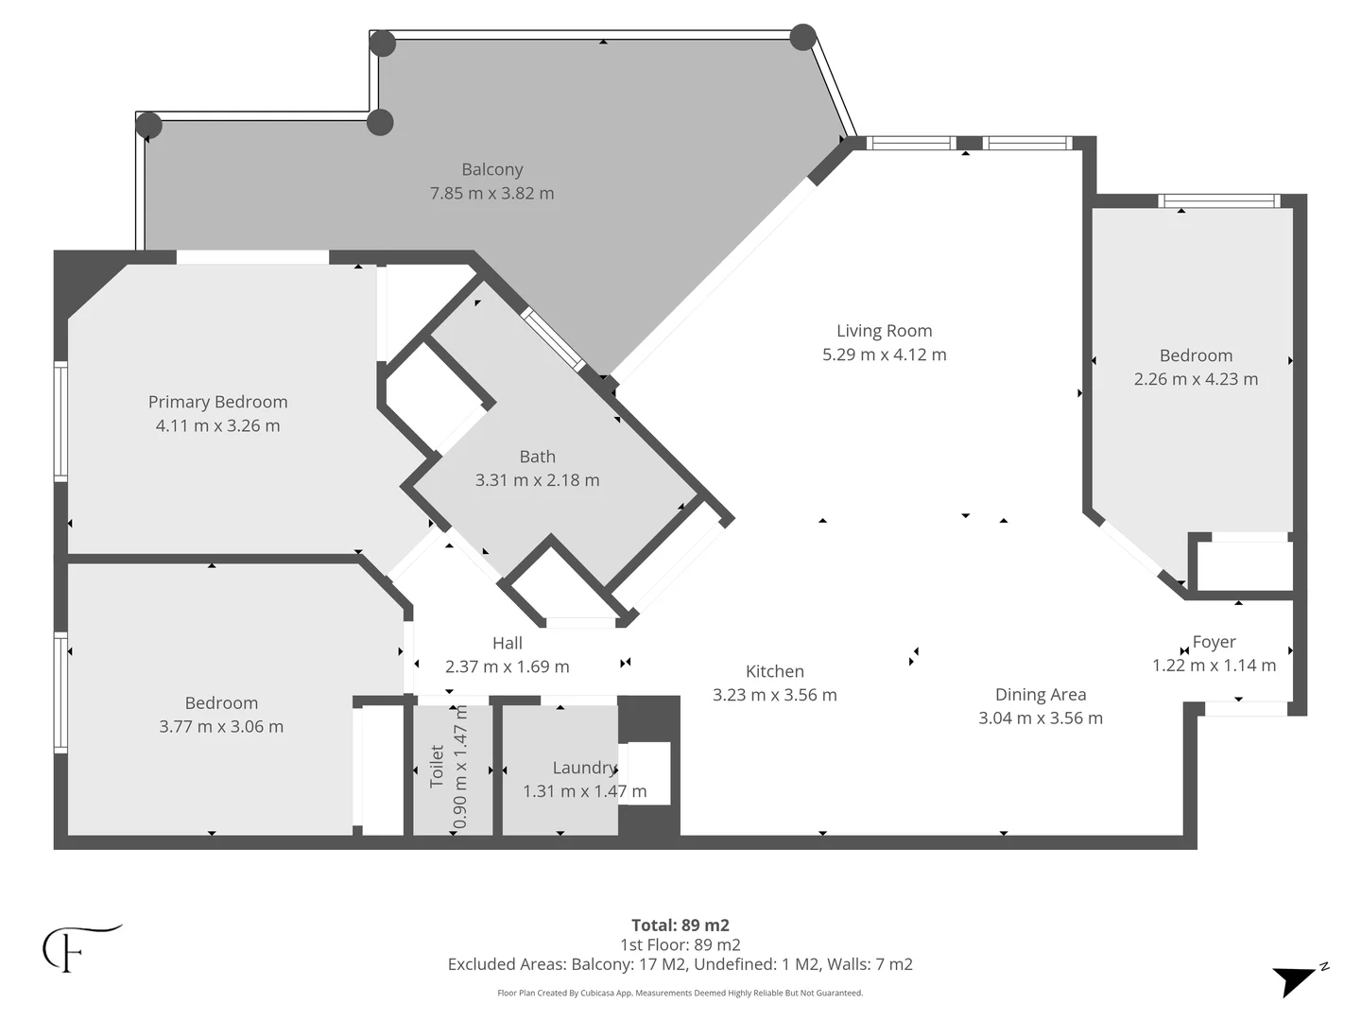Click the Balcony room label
[x=491, y=169]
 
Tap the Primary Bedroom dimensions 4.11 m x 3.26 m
[x=217, y=425]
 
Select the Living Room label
[x=885, y=331]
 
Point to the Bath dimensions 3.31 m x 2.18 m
[x=537, y=480]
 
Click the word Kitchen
[x=774, y=671]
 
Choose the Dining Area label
[x=1041, y=695]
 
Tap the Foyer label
[x=1215, y=642]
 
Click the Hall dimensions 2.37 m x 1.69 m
[x=508, y=666]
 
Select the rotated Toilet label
[x=437, y=766]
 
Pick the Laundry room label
[x=585, y=768]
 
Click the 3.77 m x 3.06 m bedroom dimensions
[x=221, y=727]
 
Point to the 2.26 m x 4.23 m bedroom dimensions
[x=1196, y=379]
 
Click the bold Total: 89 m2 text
[x=680, y=925]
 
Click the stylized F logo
[x=80, y=948]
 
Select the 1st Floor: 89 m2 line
[x=680, y=944]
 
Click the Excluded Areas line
[x=680, y=964]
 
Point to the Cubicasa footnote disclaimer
[x=680, y=993]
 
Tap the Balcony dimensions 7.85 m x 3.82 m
[x=491, y=194]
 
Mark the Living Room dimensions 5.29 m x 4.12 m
[x=885, y=355]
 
